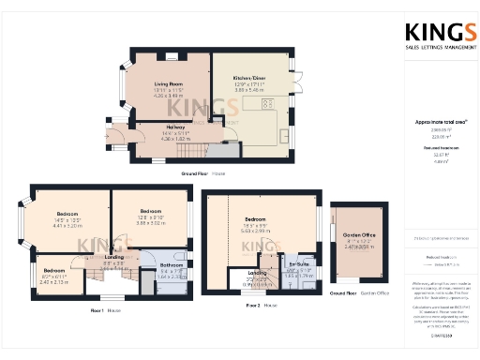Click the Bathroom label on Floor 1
point(172,266)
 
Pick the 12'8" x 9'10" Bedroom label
point(151,211)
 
